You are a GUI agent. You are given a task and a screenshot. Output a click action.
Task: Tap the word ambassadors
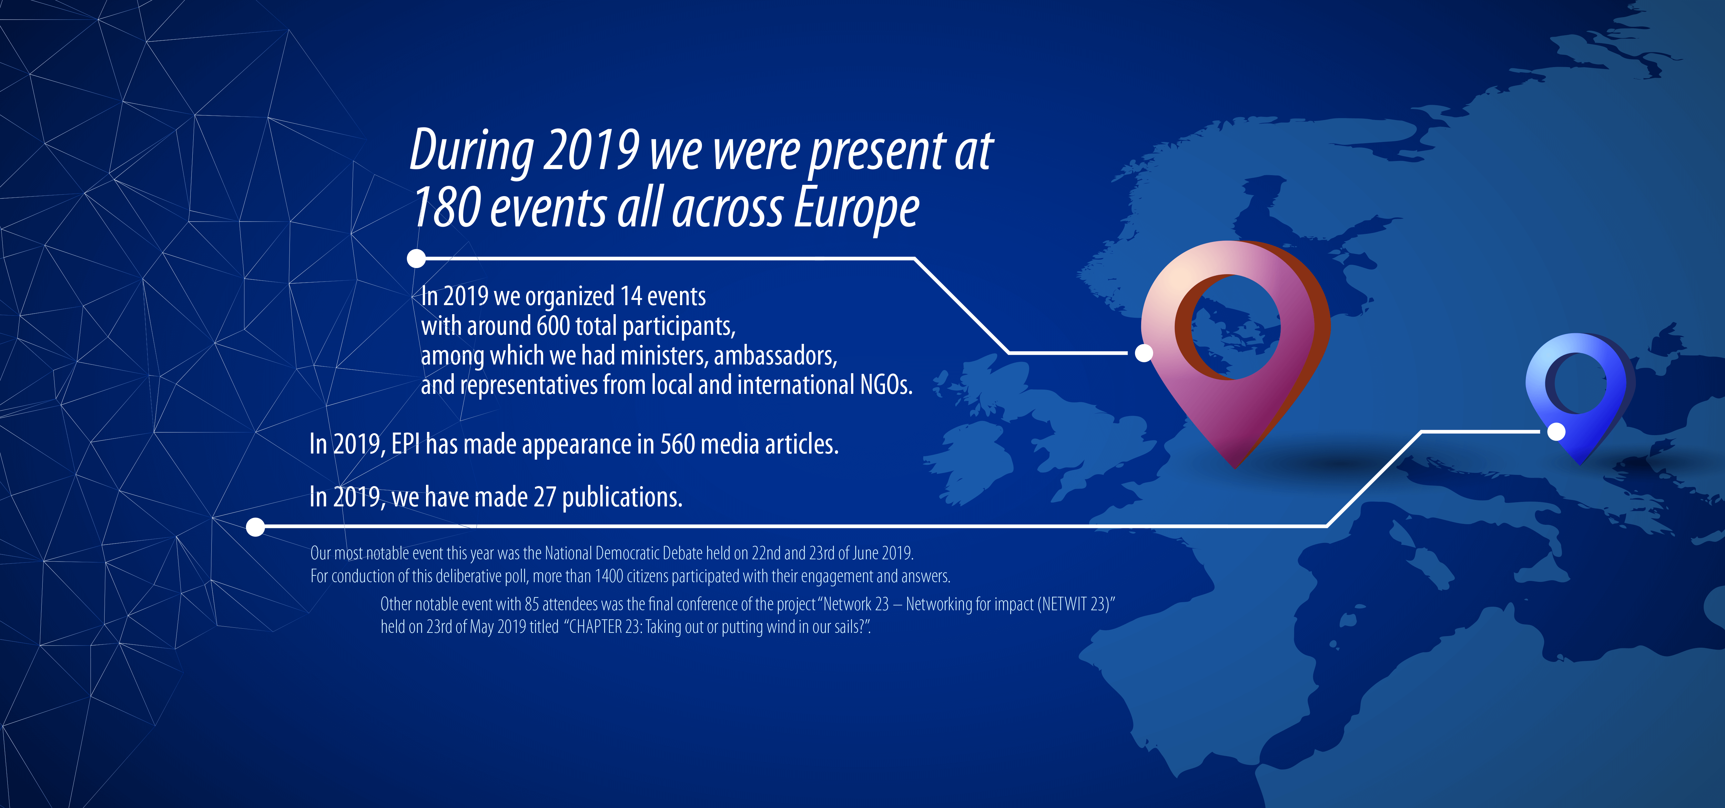tap(776, 355)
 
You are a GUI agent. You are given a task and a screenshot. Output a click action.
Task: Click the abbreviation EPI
tap(406, 444)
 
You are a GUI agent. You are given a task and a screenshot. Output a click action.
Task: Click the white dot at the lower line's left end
tap(255, 527)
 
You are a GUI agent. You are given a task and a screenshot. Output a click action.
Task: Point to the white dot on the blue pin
tap(1557, 432)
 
